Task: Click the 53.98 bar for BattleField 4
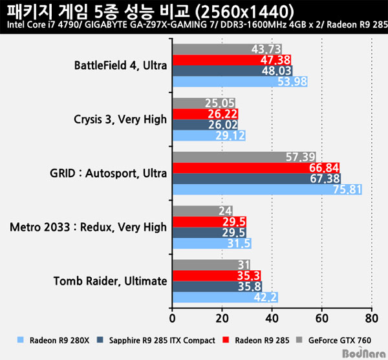(x=239, y=81)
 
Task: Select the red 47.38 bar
(x=232, y=60)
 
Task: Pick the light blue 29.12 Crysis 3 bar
(x=209, y=136)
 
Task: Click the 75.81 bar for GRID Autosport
(x=266, y=189)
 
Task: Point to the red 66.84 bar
(x=255, y=168)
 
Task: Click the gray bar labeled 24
(x=202, y=211)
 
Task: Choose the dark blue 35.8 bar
(x=217, y=286)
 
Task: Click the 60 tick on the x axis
(x=321, y=318)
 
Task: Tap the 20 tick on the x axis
(x=222, y=318)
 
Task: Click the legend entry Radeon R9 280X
(x=52, y=339)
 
